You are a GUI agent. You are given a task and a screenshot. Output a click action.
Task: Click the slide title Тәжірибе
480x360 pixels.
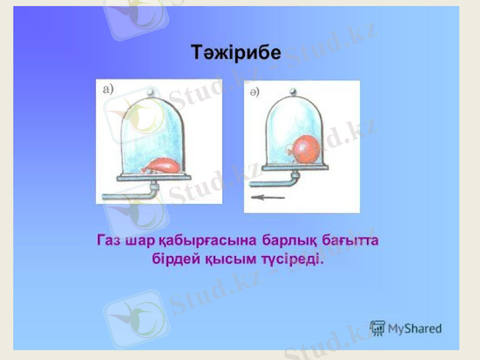coord(236,53)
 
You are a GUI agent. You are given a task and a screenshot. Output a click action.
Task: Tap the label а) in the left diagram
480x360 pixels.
coord(109,89)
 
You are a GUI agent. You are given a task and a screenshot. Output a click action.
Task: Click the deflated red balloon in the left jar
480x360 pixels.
coord(163,165)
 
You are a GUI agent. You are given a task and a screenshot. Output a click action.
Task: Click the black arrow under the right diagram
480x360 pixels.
coord(268,197)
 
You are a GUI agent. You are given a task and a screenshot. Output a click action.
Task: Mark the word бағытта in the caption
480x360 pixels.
coord(353,241)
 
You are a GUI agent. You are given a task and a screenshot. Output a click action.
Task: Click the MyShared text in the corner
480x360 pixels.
coord(415,329)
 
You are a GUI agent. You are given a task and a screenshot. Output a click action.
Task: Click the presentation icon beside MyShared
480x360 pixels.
coord(377,328)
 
